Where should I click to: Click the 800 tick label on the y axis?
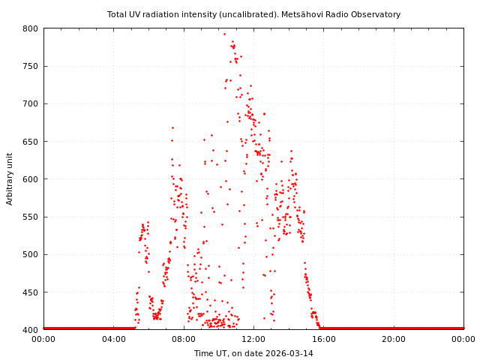tap(30, 28)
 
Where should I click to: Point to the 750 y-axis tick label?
tap(30, 66)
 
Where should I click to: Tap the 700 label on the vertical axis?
tap(30, 103)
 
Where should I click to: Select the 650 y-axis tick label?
tap(30, 142)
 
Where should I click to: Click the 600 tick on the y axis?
tap(30, 179)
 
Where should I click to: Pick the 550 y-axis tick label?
tap(30, 217)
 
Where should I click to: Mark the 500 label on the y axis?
tap(30, 254)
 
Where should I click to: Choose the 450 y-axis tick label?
tap(30, 292)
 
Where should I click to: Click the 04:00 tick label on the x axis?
tap(113, 339)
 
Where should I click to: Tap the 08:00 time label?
tap(184, 339)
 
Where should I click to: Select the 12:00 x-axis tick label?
tap(253, 339)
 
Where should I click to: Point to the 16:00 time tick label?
tap(323, 339)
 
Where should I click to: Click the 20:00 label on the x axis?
tap(394, 339)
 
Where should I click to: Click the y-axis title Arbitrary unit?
tap(10, 178)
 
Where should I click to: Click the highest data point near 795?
tap(224, 34)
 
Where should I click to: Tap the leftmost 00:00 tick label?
tap(43, 339)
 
